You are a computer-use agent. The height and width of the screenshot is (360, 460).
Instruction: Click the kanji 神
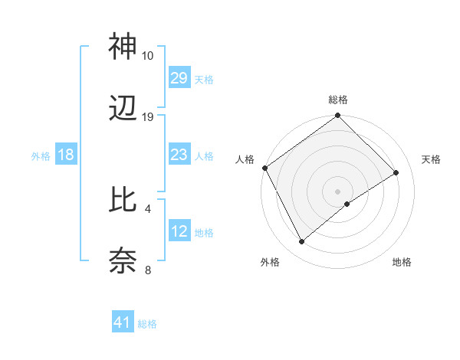[123, 47]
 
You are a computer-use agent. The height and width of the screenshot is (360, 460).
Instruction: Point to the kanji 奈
[123, 260]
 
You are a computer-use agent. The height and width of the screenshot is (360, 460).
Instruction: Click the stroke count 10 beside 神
[148, 56]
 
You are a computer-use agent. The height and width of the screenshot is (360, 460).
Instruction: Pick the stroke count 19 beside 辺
[148, 116]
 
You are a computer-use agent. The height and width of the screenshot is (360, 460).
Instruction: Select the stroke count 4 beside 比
[148, 208]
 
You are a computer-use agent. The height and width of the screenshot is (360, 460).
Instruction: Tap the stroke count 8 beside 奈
[148, 270]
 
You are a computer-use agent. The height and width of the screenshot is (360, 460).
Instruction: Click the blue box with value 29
[179, 78]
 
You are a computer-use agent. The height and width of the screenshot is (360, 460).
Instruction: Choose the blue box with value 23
[179, 155]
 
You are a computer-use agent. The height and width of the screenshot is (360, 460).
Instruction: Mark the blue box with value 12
[179, 231]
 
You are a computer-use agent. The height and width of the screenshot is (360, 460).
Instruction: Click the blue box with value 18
[66, 155]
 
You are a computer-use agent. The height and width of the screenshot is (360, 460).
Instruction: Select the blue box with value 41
[123, 322]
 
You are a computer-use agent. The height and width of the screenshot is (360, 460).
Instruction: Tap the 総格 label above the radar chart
[338, 100]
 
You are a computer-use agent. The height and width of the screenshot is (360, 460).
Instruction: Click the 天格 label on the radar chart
[431, 159]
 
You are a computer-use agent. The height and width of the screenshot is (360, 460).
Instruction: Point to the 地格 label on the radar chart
[402, 262]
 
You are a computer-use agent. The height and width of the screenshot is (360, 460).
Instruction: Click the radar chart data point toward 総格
[338, 116]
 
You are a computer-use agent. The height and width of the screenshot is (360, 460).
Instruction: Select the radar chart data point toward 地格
[348, 204]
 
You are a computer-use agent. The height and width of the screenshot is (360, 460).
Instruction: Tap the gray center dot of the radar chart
[338, 191]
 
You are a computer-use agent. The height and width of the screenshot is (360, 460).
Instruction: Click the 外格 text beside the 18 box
[41, 155]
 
